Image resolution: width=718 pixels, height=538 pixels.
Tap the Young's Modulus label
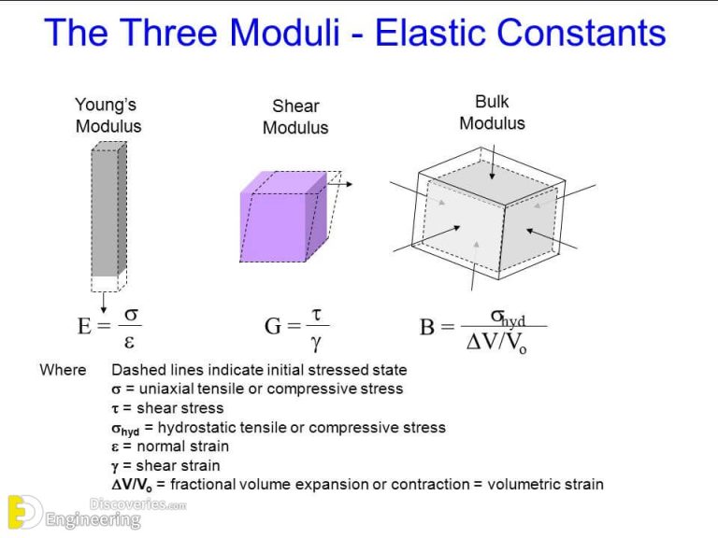(x=108, y=116)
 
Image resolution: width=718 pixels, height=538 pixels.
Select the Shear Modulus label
(x=295, y=118)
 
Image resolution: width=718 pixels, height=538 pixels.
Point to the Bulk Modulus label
(x=492, y=112)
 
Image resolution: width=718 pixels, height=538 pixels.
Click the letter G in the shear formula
(x=274, y=327)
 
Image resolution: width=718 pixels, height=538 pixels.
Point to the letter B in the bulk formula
(x=427, y=328)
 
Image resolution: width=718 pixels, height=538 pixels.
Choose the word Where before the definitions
(x=63, y=370)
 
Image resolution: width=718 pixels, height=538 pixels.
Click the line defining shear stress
(x=167, y=408)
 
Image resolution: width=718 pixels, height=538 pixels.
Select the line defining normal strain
(x=169, y=446)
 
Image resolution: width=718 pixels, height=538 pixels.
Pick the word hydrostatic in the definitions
(x=199, y=428)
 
